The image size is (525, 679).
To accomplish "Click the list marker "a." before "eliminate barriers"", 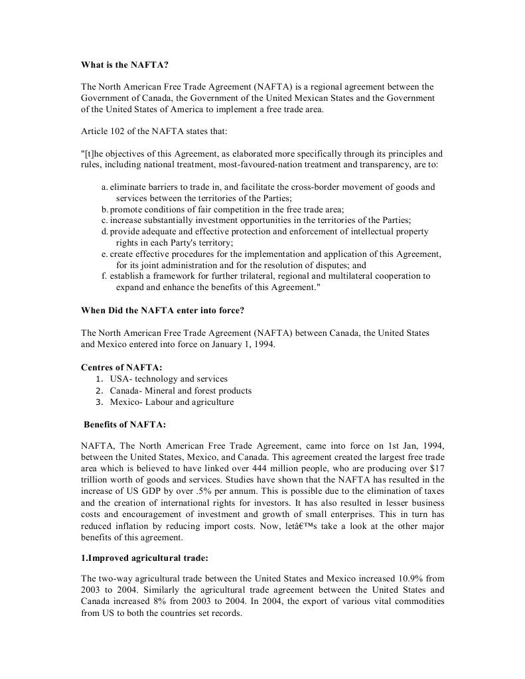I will click(105, 187).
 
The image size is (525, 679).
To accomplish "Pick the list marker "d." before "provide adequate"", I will click(105, 231).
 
